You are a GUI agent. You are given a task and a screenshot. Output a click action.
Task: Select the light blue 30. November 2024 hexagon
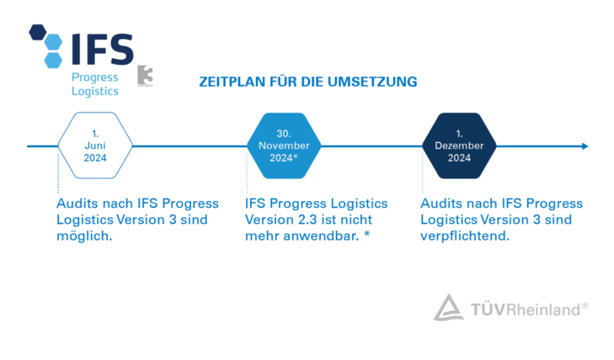point(284,146)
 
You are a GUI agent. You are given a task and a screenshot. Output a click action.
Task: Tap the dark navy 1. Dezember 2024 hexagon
point(459,146)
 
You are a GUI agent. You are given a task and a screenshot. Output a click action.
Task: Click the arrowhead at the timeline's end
point(585,146)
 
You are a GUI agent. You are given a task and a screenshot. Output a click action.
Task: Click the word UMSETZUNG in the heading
point(372,82)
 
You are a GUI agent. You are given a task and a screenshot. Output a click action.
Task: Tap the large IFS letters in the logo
point(103,49)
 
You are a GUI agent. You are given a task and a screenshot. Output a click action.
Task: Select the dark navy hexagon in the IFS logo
point(38,32)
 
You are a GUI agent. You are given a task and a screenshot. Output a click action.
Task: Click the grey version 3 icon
point(145,76)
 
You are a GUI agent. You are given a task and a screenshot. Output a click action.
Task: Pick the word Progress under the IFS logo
point(95,77)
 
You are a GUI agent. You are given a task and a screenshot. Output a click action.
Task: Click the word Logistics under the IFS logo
point(95,91)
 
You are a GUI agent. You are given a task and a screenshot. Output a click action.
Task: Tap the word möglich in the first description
point(84,236)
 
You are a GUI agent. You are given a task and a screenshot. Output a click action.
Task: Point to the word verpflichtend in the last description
point(465,236)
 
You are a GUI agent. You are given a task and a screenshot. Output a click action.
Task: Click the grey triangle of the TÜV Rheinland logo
point(449,308)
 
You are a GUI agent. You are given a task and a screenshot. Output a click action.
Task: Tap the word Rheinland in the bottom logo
point(543,310)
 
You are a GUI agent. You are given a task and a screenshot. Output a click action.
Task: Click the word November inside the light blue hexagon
point(284,146)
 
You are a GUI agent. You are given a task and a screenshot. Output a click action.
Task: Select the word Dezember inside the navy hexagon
point(459,146)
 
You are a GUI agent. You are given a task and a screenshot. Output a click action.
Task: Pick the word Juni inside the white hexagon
point(95,146)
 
